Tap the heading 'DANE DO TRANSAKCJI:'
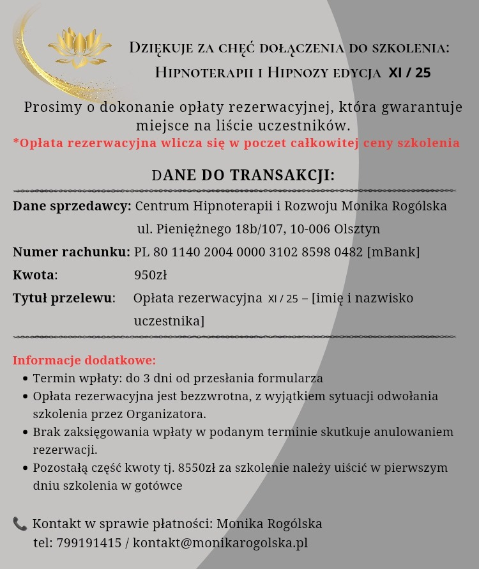(x=243, y=175)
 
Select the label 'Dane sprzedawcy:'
(x=72, y=207)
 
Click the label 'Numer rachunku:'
(x=72, y=252)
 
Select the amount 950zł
(x=150, y=276)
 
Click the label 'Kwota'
(x=34, y=276)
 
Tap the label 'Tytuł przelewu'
(x=63, y=298)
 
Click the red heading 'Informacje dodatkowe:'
(x=84, y=360)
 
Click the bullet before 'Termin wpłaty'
(x=26, y=378)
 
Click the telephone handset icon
(x=20, y=524)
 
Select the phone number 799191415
(x=89, y=543)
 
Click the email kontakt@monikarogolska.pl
(x=220, y=543)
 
